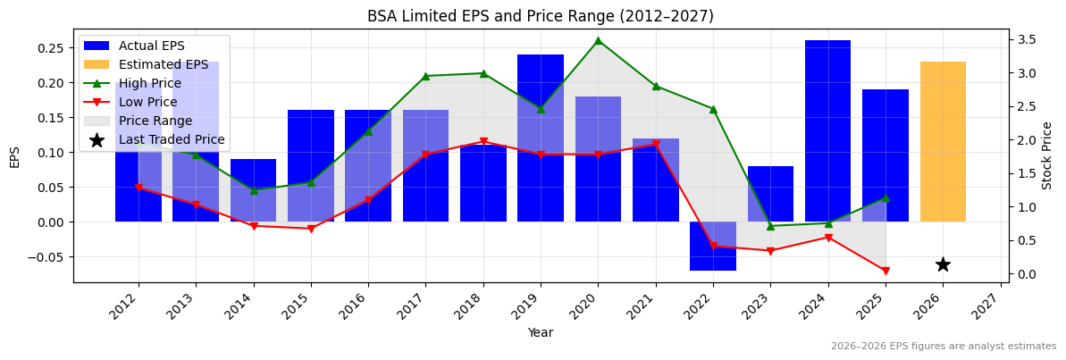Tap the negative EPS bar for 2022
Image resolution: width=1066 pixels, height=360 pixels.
(713, 246)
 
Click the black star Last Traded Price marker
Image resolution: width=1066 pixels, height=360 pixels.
(943, 264)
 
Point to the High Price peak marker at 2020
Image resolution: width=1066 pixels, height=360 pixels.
(598, 40)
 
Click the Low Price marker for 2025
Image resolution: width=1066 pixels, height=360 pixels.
(886, 271)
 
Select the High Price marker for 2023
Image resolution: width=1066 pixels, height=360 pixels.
(770, 226)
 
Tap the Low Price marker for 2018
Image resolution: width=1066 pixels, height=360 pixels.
(483, 141)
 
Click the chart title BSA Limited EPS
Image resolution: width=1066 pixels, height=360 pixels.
(541, 16)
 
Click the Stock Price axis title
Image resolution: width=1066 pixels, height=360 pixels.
(1047, 155)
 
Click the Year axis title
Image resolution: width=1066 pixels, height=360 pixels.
(541, 333)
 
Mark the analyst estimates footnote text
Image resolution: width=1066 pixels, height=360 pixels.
(943, 347)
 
